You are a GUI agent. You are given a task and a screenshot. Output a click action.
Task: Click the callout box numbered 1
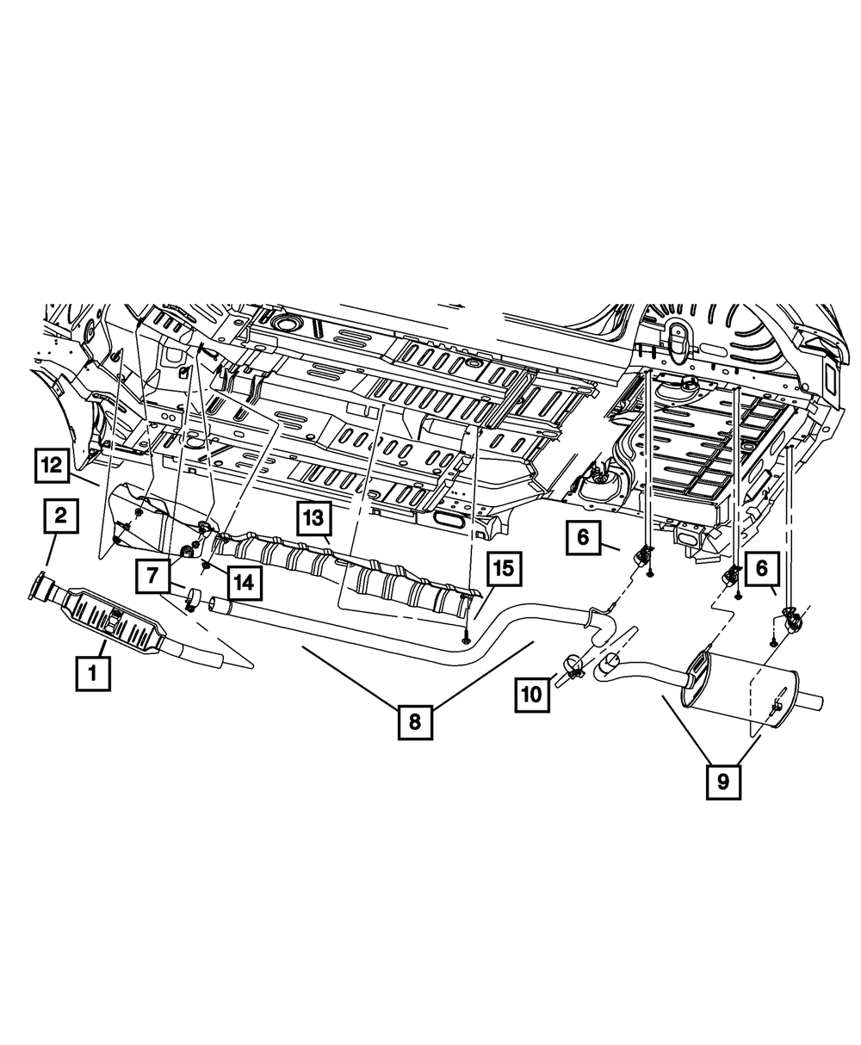pyautogui.click(x=93, y=673)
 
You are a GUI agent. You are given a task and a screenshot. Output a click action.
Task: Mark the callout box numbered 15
pyautogui.click(x=503, y=569)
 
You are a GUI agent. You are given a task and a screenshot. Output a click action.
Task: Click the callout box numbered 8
pyautogui.click(x=415, y=721)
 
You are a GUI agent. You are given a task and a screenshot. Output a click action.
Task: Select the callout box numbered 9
pyautogui.click(x=723, y=782)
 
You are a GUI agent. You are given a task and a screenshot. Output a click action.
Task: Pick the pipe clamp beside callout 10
pyautogui.click(x=573, y=668)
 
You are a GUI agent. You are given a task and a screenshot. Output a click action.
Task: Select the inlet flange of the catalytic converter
pyautogui.click(x=40, y=588)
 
